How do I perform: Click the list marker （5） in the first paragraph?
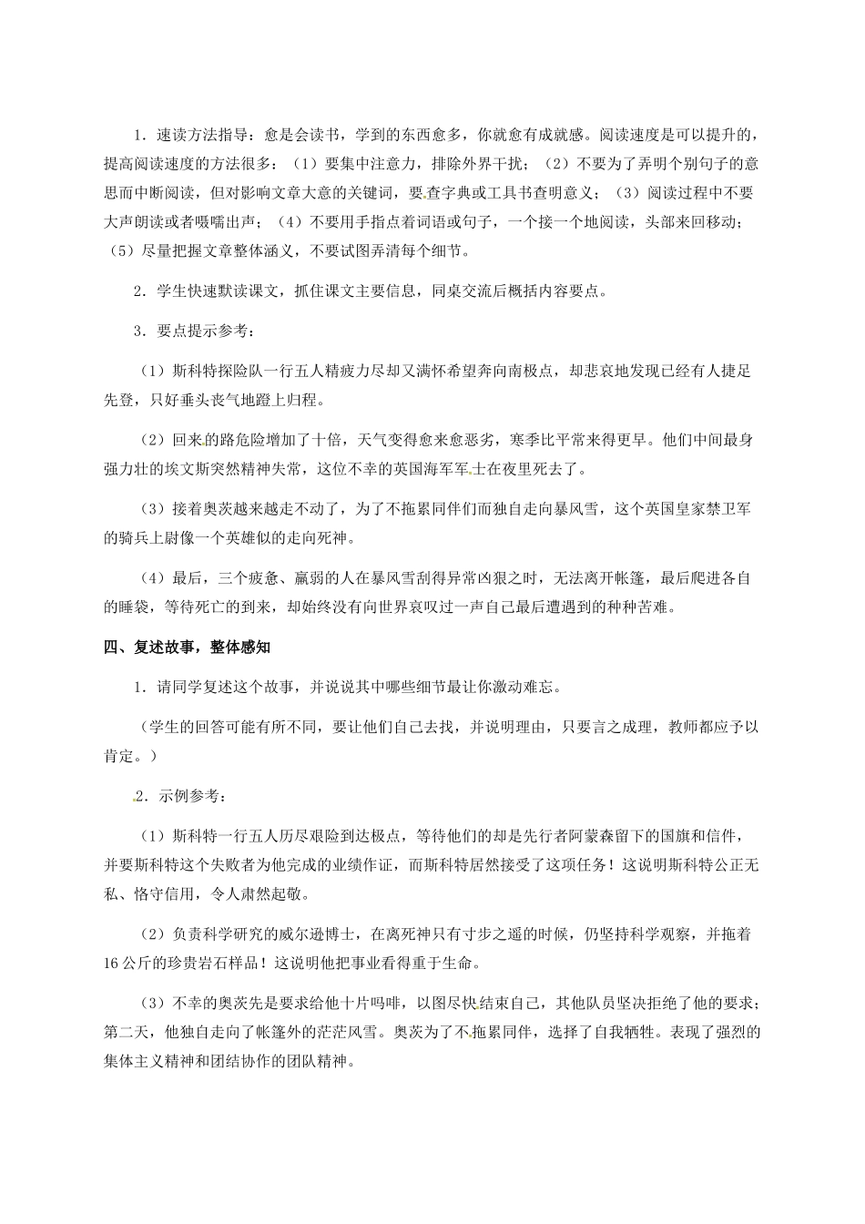(125, 250)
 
